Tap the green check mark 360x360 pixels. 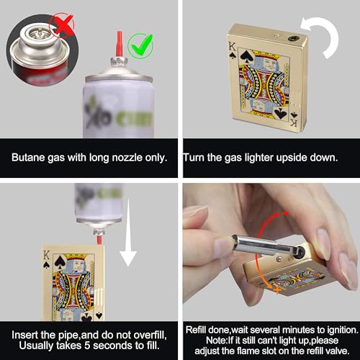[x=142, y=45]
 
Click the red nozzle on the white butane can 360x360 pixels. [x=120, y=44]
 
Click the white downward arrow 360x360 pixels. [x=128, y=233]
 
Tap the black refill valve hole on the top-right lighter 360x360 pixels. [x=293, y=38]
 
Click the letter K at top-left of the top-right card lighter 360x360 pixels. [x=232, y=46]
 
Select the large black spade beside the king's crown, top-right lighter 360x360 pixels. [x=246, y=57]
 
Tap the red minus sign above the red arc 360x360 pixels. [x=285, y=213]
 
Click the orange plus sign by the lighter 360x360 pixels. [x=277, y=290]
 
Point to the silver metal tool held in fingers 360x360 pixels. [x=261, y=246]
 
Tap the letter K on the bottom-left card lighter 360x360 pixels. [x=46, y=256]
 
